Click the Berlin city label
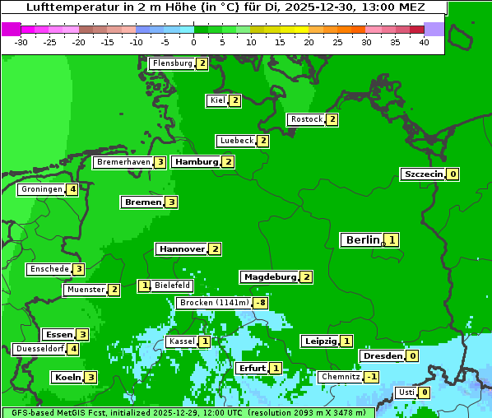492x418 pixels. pos(362,239)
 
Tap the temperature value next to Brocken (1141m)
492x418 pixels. pos(260,303)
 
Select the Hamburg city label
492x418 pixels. pos(196,161)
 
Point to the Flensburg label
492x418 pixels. pos(172,63)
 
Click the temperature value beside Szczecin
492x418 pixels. pos(453,174)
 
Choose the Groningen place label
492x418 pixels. pos(42,189)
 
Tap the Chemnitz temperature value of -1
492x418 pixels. pos(371,376)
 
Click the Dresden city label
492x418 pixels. pos(383,355)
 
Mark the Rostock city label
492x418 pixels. pos(306,119)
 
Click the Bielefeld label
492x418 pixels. pos(172,286)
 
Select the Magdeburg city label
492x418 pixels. pos(269,276)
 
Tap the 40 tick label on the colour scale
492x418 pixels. pos(423,42)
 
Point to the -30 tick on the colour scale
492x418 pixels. pos(22,42)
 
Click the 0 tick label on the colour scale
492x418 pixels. pos(193,42)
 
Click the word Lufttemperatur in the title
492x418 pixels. pos(65,7)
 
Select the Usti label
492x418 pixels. pos(405,392)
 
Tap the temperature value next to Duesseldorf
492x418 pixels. pos(73,348)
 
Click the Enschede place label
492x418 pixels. pos(48,269)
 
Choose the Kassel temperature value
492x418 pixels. pos(204,341)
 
